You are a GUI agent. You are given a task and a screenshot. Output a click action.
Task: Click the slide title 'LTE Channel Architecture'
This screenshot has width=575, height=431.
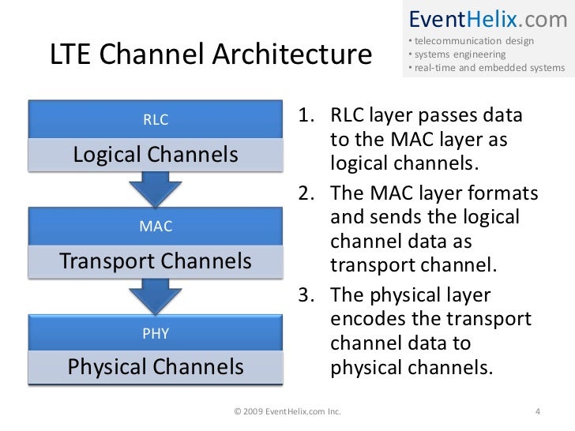210,55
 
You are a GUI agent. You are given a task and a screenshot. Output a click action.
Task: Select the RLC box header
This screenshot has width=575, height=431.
156,120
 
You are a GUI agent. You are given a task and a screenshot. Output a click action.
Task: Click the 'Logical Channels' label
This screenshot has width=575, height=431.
156,155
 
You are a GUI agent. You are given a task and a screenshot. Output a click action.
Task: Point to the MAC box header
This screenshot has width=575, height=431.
156,227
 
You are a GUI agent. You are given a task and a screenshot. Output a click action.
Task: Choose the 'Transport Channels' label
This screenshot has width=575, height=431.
156,260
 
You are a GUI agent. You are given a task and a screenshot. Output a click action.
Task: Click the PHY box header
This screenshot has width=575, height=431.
156,333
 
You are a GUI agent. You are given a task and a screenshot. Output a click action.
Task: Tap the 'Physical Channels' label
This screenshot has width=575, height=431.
156,367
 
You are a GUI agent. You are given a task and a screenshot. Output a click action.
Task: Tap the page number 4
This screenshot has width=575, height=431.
537,411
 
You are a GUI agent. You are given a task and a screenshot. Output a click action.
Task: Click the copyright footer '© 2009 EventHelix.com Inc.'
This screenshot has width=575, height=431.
288,411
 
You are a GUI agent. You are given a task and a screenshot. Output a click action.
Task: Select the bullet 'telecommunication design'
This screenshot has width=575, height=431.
472,41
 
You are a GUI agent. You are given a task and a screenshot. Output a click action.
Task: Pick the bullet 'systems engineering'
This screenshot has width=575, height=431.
457,54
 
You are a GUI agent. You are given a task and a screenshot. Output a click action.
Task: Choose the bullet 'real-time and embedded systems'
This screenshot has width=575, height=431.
487,68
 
